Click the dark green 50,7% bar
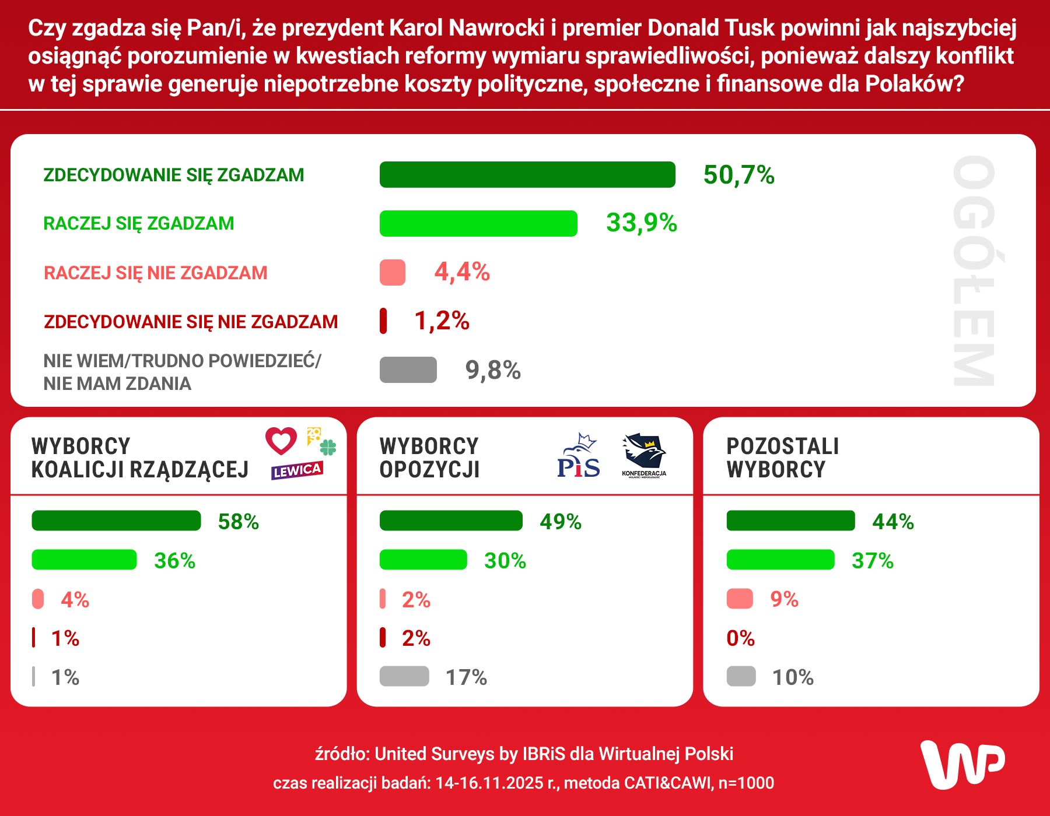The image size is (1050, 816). pyautogui.click(x=527, y=175)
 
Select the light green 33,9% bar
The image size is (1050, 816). pyautogui.click(x=478, y=224)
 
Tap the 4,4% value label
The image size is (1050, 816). pyautogui.click(x=462, y=272)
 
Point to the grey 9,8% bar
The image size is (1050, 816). pyautogui.click(x=408, y=370)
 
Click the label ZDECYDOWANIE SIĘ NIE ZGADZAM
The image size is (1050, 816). pyautogui.click(x=191, y=322)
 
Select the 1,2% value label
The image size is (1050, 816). pyautogui.click(x=442, y=321)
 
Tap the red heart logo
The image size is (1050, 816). pyautogui.click(x=281, y=441)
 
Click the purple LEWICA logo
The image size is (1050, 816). pyautogui.click(x=297, y=470)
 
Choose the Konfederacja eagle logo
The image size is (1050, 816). pyautogui.click(x=644, y=455)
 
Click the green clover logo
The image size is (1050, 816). pyautogui.click(x=328, y=448)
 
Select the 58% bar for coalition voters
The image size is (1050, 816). pyautogui.click(x=116, y=521)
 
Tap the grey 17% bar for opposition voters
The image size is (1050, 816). pyautogui.click(x=404, y=677)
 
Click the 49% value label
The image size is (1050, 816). pyautogui.click(x=560, y=522)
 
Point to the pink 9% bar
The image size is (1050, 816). pyautogui.click(x=740, y=599)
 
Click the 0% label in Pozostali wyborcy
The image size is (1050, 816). pyautogui.click(x=740, y=638)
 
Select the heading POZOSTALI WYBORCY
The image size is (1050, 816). pyautogui.click(x=782, y=458)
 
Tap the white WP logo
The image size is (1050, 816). pyautogui.click(x=963, y=765)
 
